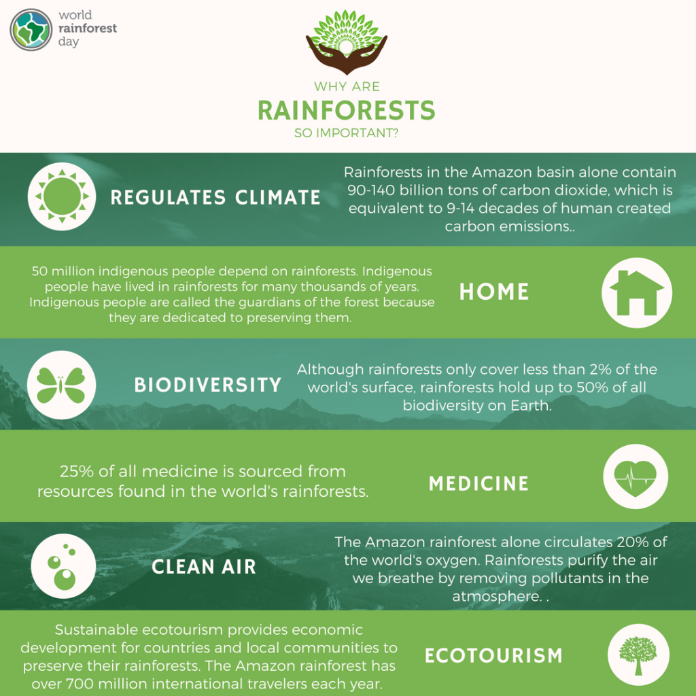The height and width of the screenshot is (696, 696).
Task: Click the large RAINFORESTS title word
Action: click(x=347, y=109)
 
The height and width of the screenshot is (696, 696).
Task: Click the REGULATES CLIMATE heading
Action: click(x=215, y=198)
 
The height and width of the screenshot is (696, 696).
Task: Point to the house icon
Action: click(x=637, y=292)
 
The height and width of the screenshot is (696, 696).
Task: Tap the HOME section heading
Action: click(x=494, y=292)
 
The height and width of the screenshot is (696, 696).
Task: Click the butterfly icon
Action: click(x=60, y=385)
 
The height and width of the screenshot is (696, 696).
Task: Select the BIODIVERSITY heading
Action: click(x=207, y=385)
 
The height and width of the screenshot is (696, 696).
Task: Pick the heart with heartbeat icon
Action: click(x=636, y=476)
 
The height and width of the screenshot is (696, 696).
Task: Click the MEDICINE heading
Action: click(x=478, y=484)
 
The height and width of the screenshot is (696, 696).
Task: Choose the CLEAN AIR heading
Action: click(x=204, y=567)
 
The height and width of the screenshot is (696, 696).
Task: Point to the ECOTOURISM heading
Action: click(x=494, y=656)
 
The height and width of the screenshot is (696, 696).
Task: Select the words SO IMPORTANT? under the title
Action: click(x=347, y=133)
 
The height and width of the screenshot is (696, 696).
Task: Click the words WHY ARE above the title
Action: click(x=347, y=87)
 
